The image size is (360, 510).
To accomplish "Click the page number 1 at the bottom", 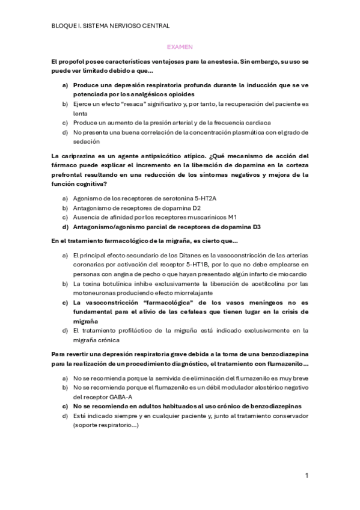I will click(x=307, y=476).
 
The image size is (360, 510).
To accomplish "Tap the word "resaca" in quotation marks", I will click(x=137, y=104).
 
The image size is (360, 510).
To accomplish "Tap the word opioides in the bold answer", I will click(x=178, y=94).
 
